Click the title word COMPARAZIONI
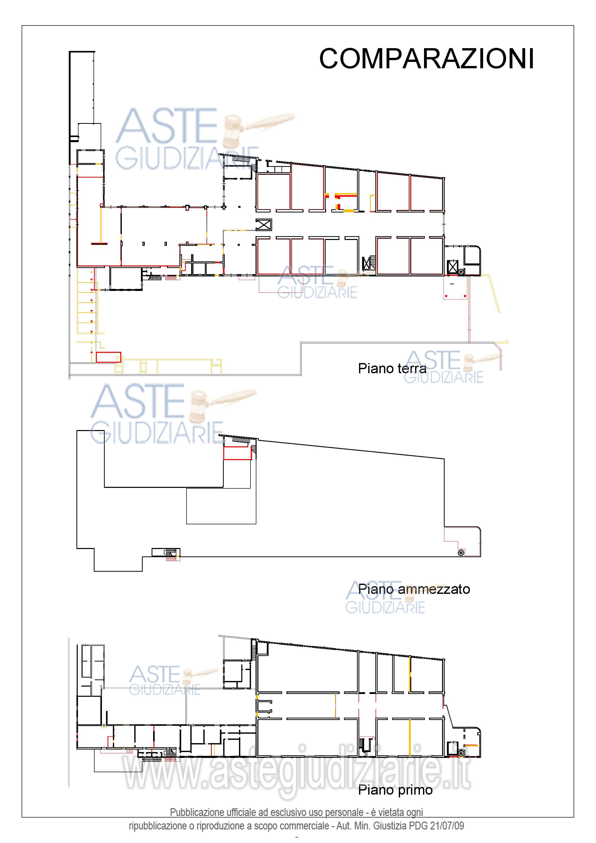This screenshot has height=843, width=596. pyautogui.click(x=426, y=59)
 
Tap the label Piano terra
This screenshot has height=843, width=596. pyautogui.click(x=392, y=368)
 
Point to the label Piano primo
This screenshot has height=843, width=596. pyautogui.click(x=395, y=790)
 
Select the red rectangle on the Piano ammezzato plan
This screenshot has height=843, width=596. pyautogui.click(x=237, y=453)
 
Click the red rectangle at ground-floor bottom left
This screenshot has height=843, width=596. pyautogui.click(x=108, y=357)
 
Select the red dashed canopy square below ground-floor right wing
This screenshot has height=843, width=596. pyautogui.click(x=455, y=287)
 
